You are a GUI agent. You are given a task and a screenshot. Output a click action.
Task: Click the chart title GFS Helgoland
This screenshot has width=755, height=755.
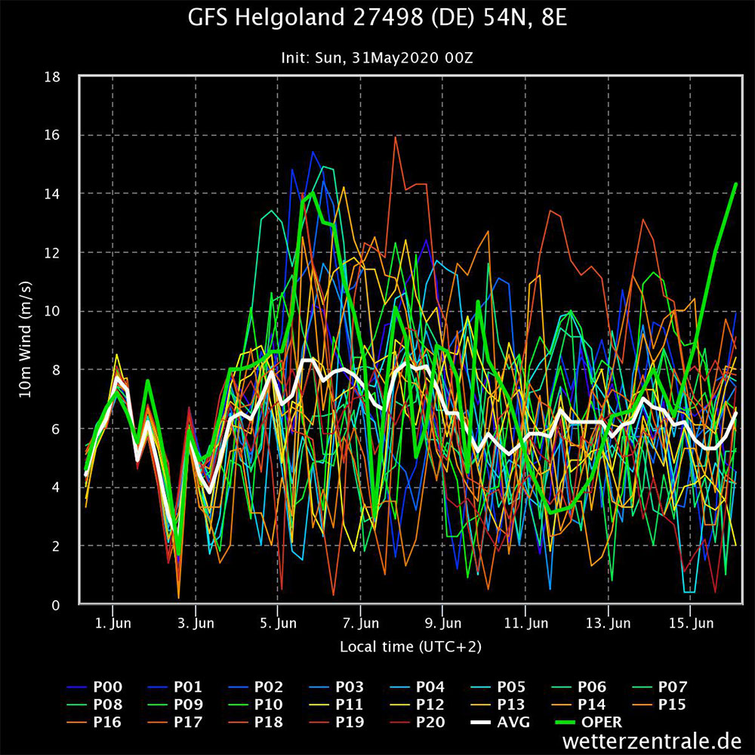point(377,18)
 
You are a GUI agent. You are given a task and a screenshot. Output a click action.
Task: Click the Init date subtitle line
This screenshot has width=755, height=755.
point(377,57)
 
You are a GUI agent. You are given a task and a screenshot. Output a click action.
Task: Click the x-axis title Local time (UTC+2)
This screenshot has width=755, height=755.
point(410,646)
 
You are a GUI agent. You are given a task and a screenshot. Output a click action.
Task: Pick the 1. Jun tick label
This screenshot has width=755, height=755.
point(112,624)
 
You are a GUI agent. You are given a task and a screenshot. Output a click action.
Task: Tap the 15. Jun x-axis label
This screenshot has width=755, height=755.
point(692,624)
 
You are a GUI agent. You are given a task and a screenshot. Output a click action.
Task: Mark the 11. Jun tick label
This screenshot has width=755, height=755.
point(526,624)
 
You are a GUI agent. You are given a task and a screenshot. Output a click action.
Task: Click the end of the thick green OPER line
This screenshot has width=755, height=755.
point(735,184)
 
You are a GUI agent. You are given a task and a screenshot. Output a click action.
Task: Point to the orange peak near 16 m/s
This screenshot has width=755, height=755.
point(395,137)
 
